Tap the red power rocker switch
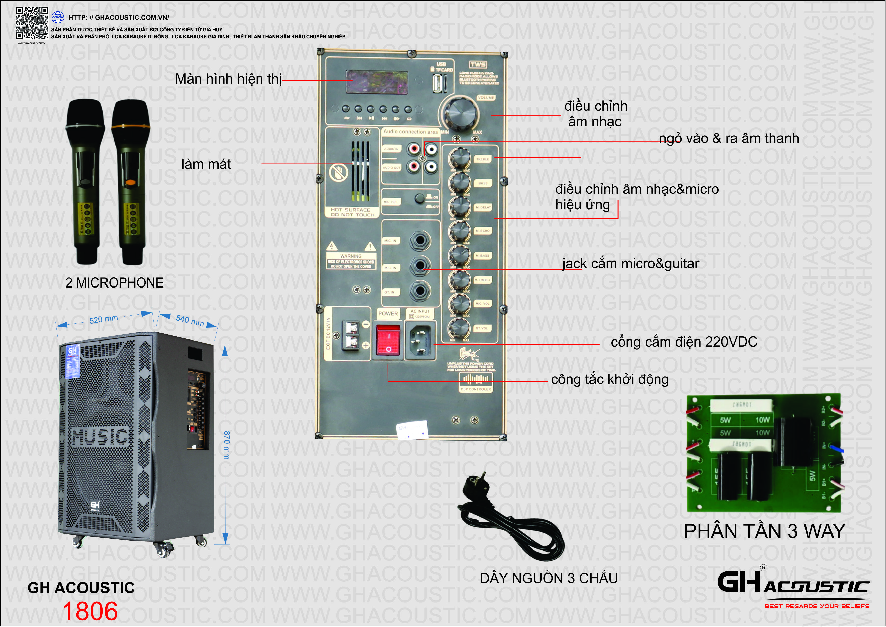388,340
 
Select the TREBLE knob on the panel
459,158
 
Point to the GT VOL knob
459,328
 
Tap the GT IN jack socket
420,291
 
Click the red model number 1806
90,611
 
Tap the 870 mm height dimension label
227,445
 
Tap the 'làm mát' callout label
206,164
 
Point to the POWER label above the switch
388,313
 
